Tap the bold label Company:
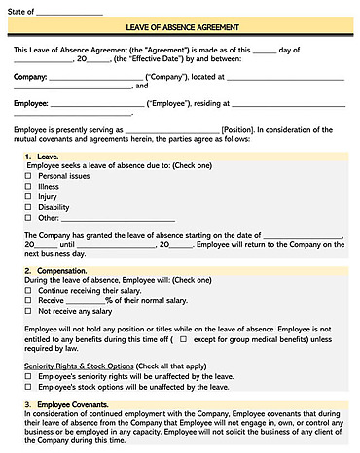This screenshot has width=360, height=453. [29, 74]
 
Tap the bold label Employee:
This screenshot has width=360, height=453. [31, 101]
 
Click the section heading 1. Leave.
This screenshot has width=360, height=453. [42, 156]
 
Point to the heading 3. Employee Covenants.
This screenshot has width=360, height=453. [69, 403]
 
